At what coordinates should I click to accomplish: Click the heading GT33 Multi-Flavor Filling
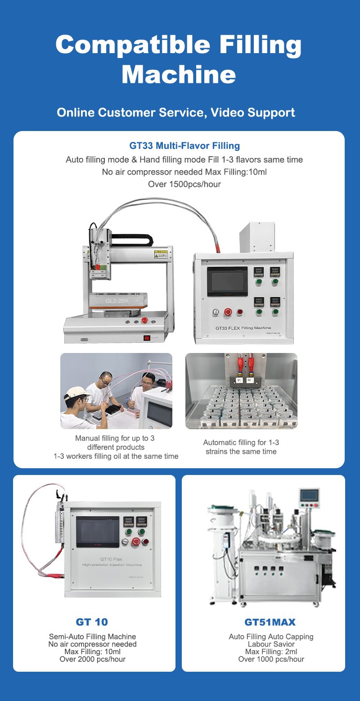pos(184,146)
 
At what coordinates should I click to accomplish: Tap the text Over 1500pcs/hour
pos(184,184)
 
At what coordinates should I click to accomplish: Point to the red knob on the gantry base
pos(145,321)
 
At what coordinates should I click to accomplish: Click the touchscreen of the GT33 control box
pos(227,281)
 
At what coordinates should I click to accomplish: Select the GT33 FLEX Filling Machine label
pos(243,328)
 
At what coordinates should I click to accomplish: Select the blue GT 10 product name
pos(92,622)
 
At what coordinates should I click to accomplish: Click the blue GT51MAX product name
pos(270,622)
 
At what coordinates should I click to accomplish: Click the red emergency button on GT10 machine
pos(134,543)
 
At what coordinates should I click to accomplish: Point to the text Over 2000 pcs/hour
pos(93,659)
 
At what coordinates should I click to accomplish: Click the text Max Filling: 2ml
pos(271,651)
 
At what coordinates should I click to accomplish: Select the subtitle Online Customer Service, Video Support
pos(176,112)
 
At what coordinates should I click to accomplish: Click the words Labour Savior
pos(271,644)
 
